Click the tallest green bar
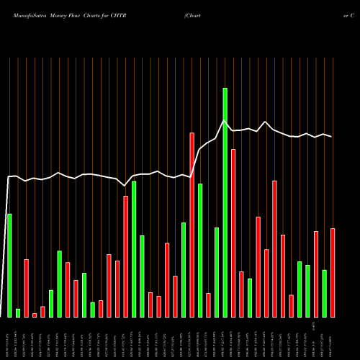pos(225,202)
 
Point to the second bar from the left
pos(18,312)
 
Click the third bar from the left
pos(26,288)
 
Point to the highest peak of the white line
pos(225,120)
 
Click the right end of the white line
pos(331,137)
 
